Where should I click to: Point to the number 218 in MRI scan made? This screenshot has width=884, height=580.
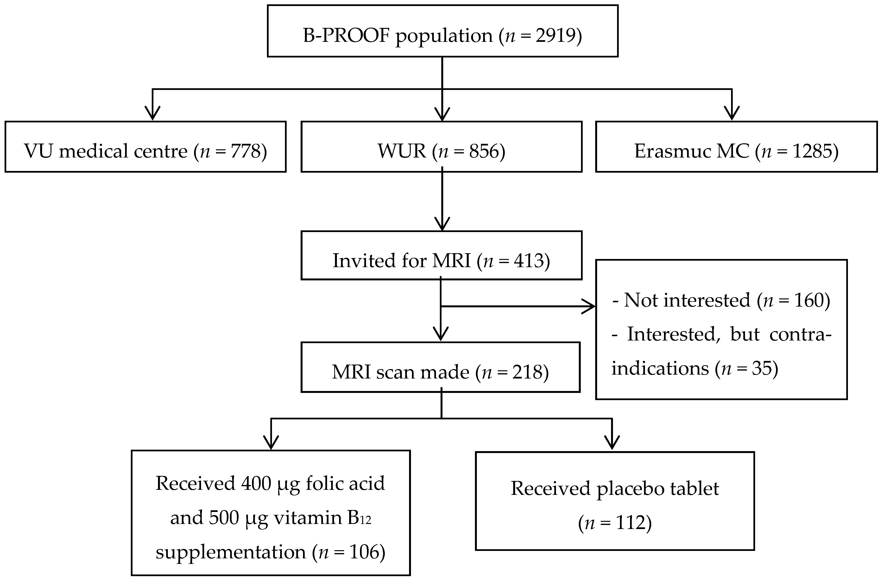coord(527,372)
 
